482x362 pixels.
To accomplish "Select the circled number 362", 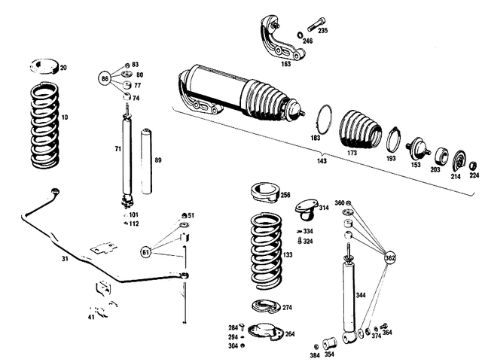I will pos(389,257).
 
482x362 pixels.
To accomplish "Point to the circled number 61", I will pos(145,252).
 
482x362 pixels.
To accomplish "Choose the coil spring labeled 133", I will pos(265,252).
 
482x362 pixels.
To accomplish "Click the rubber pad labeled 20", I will pos(46,67).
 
